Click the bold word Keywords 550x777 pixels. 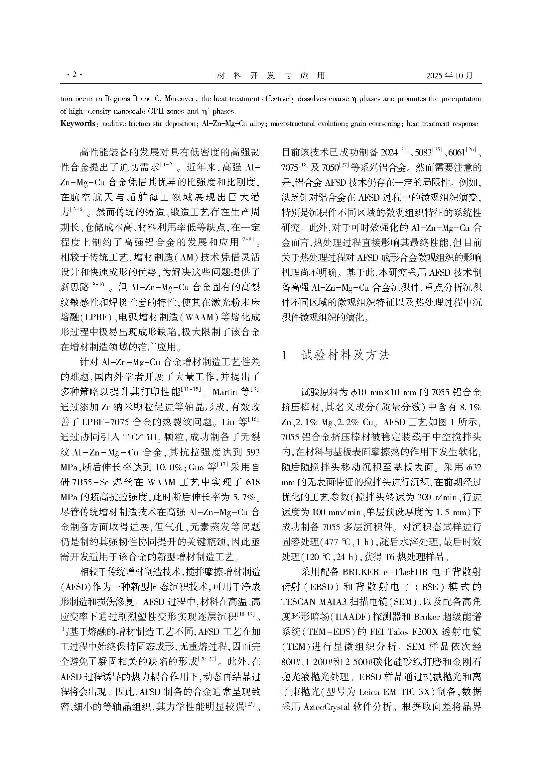point(77,124)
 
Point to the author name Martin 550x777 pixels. point(224,392)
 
